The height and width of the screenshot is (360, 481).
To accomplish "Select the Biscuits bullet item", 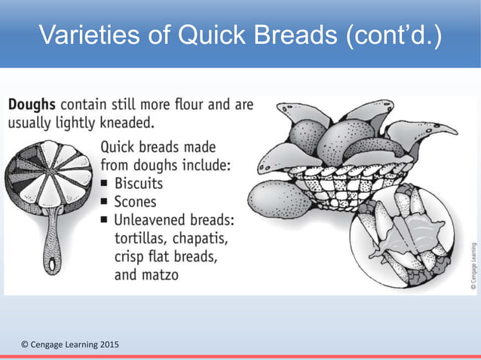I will pos(138,183).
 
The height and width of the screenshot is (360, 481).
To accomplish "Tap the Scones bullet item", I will pos(136,201).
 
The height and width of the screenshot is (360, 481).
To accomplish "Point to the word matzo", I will pos(158,275).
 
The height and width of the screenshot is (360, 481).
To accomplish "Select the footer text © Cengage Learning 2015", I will pos(69,344).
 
